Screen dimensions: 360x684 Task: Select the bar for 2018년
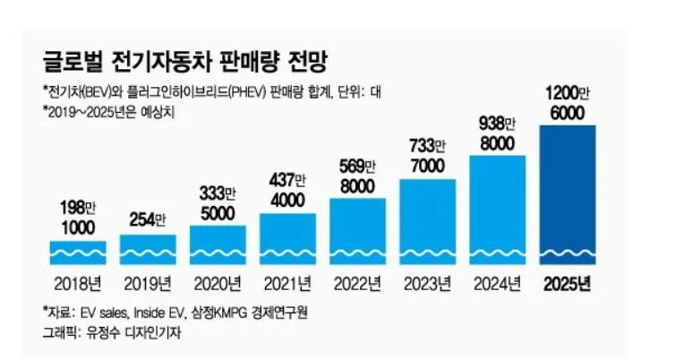click(78, 253)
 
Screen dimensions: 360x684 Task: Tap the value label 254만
click(148, 219)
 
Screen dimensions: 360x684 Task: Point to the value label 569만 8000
click(358, 176)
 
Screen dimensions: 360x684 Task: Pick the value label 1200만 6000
click(569, 103)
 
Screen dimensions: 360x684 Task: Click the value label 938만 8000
click(498, 133)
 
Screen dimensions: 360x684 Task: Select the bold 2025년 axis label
click(569, 286)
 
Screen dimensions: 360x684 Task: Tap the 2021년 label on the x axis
click(287, 286)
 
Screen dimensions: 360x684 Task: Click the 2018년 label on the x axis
click(78, 286)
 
